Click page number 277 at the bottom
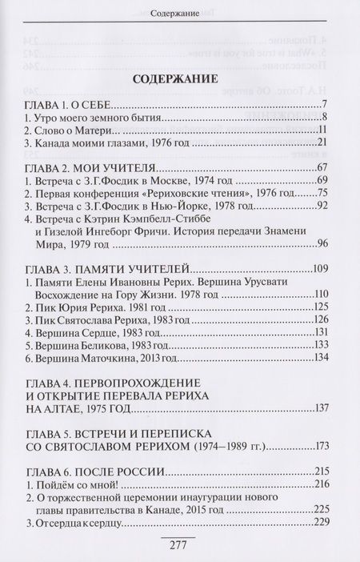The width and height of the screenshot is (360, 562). pyautogui.click(x=178, y=546)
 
